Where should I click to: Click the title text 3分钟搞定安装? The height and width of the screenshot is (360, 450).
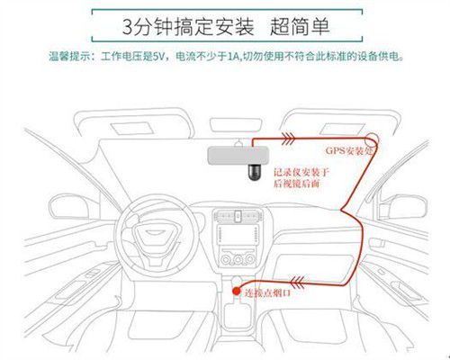(188, 26)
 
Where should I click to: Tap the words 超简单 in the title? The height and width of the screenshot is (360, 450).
(300, 26)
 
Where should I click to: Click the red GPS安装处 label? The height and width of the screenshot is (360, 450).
(349, 150)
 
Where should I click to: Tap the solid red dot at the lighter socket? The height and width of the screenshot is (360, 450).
(237, 291)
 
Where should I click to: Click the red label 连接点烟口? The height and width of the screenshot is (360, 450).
(267, 292)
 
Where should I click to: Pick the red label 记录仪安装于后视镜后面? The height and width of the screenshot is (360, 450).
(301, 177)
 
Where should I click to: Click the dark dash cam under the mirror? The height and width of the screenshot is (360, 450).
(254, 173)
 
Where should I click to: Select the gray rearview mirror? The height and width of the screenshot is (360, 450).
(238, 156)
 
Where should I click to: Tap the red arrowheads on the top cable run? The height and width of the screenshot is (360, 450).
(288, 139)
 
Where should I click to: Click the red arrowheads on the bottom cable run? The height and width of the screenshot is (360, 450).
(297, 282)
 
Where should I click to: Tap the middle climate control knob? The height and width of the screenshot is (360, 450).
(238, 259)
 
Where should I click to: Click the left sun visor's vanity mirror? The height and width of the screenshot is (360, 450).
(132, 128)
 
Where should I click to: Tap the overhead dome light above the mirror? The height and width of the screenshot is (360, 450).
(236, 125)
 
